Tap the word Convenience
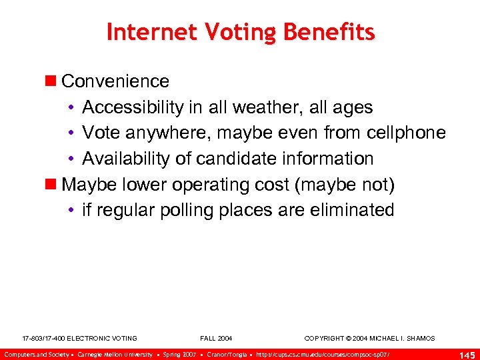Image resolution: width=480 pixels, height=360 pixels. coord(115,81)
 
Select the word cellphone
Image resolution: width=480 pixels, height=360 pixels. coord(406,133)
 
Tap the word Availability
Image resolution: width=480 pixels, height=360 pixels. coord(125,159)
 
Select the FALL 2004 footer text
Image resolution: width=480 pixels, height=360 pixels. coord(216,339)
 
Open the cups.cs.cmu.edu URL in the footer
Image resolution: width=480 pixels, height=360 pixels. coord(323,354)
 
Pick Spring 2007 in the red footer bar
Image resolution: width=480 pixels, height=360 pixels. coord(180,354)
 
